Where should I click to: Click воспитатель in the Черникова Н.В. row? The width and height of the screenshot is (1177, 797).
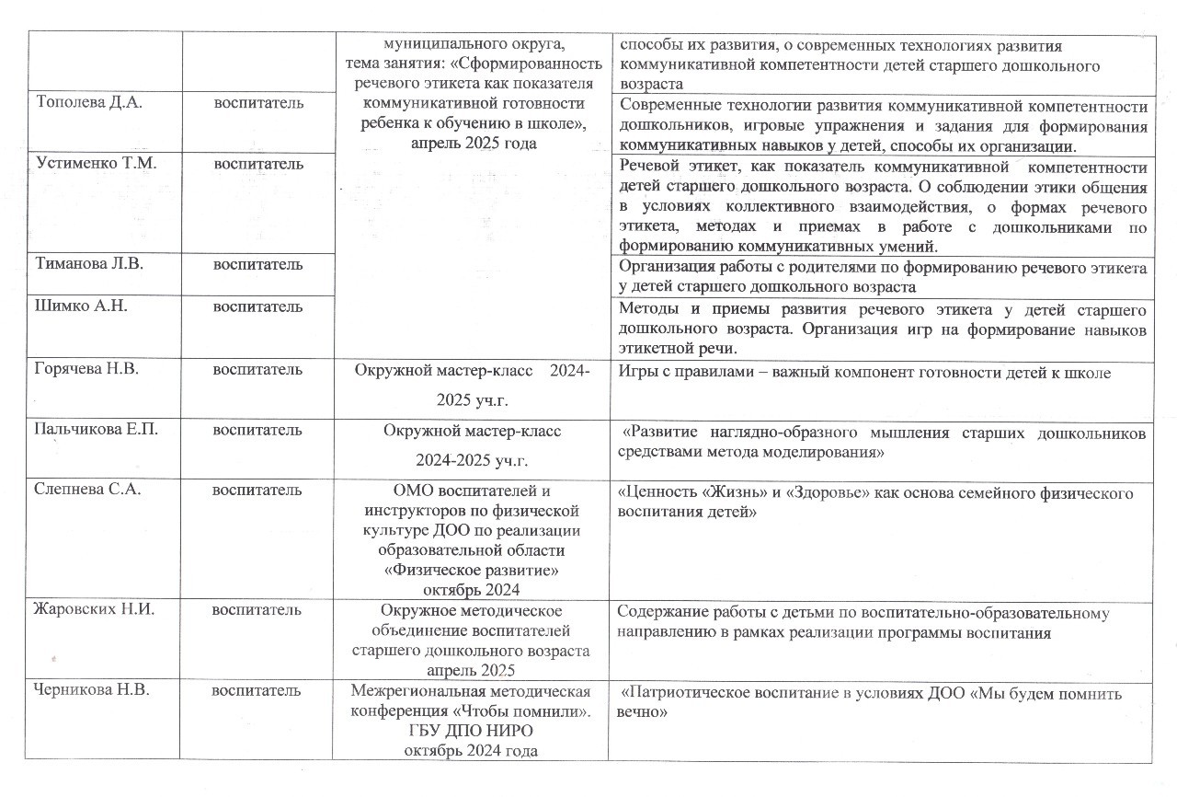tap(257, 690)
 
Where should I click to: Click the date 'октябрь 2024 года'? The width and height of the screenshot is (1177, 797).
tap(470, 751)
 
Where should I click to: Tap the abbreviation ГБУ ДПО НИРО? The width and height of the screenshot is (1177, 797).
tap(470, 732)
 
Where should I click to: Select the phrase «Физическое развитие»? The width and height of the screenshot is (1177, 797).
tap(470, 570)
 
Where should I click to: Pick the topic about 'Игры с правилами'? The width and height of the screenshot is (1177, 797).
tap(865, 372)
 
